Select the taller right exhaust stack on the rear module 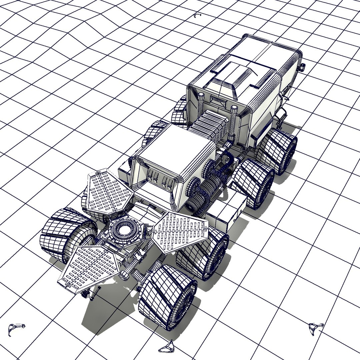[x=233, y=120]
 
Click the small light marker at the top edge [x=197, y=15]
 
